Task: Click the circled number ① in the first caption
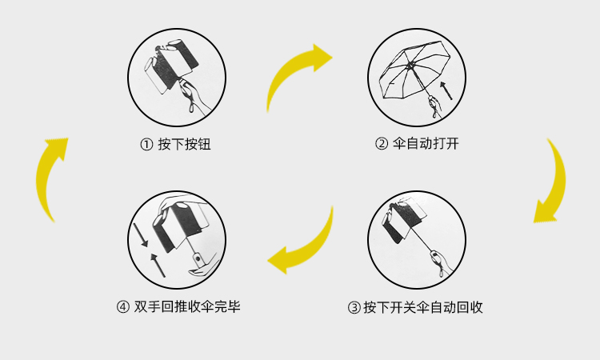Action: point(146,145)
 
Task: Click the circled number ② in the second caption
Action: point(382,145)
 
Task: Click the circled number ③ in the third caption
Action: point(354,307)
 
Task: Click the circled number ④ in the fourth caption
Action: point(123,306)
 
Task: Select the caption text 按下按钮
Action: point(184,145)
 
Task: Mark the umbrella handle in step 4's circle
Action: point(196,258)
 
